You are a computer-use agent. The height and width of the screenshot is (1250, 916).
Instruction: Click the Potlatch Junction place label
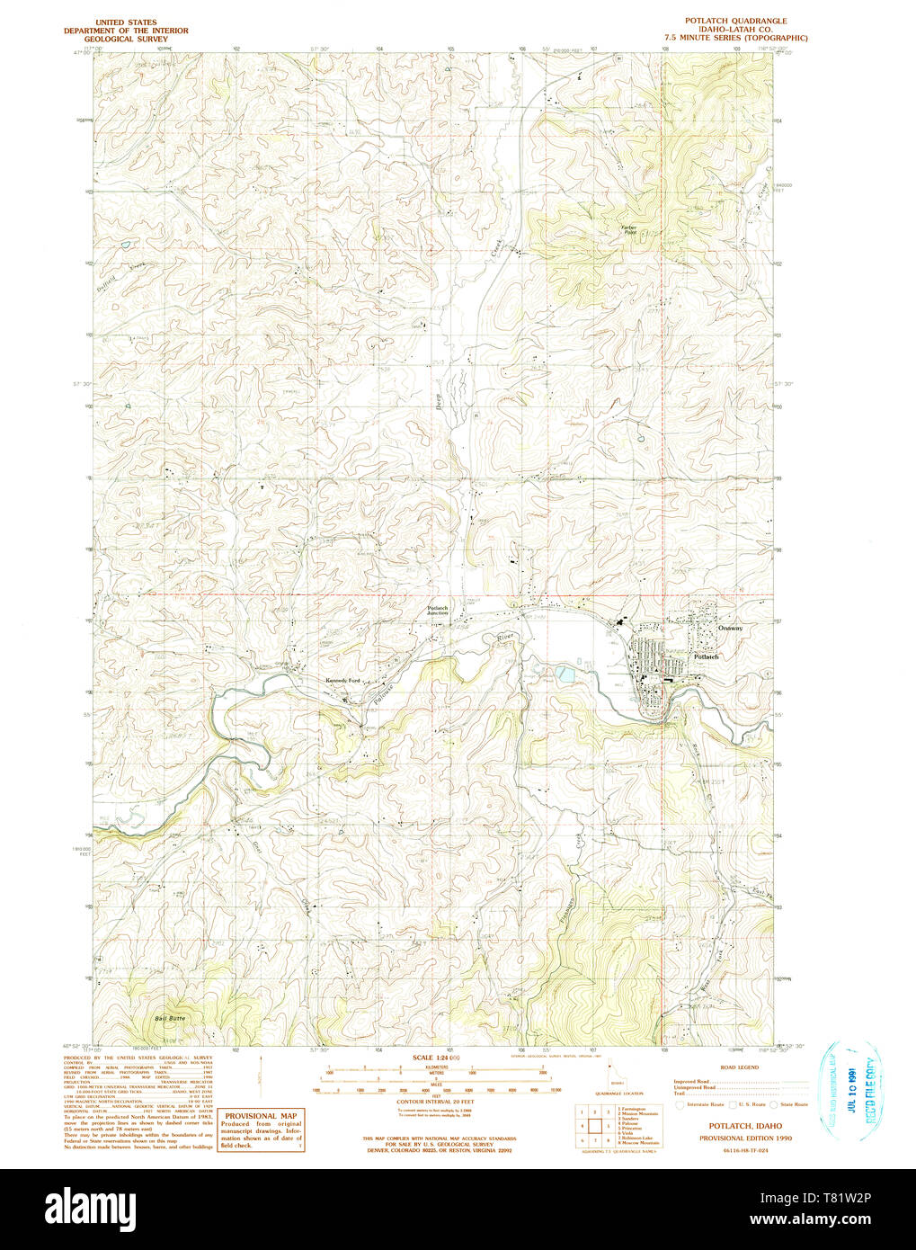[x=437, y=610]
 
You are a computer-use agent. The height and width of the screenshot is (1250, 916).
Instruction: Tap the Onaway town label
[x=730, y=628]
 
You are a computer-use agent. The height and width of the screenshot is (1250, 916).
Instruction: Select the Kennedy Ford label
[x=342, y=681]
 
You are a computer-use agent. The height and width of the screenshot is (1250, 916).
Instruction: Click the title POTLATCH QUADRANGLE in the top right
[x=735, y=21]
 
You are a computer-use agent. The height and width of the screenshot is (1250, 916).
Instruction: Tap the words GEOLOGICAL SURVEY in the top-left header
[x=126, y=40]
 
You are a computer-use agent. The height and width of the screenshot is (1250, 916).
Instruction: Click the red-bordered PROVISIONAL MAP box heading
[x=261, y=1115]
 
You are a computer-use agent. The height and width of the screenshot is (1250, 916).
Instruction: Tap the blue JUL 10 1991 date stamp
[x=850, y=1090]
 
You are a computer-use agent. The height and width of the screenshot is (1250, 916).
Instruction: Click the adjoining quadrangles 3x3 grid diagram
[x=594, y=1124]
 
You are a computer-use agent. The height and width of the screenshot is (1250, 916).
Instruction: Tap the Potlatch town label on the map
[x=706, y=657]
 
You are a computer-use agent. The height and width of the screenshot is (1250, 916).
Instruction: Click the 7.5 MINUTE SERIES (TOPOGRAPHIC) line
[x=735, y=38]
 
